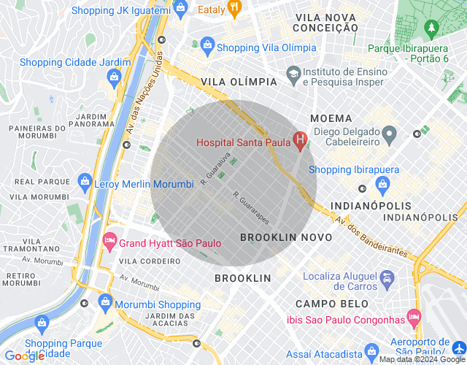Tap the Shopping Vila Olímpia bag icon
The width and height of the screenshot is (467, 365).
pos(207,45)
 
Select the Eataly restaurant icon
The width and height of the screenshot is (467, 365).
pos(234,9)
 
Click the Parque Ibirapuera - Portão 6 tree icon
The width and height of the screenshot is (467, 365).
pos(431,29)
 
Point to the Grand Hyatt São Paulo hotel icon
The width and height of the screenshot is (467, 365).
pos(109,239)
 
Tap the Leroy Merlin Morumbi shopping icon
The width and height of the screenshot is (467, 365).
pos(85,181)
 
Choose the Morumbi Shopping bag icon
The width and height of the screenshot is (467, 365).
pos(105,301)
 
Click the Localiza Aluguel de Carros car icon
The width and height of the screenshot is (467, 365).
pos(387,279)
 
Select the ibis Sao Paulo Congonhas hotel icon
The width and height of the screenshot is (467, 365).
pos(414,317)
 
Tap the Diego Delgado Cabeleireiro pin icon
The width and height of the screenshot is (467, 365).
pos(390,134)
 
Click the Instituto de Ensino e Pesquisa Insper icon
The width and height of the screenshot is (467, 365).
pos(293,74)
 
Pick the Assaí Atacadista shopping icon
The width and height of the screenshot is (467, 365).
pos(370,351)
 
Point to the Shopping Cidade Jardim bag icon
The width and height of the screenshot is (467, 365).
pos(114,75)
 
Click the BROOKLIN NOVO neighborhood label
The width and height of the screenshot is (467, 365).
pos(286,237)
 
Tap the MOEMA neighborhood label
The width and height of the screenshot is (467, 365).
pos(331,118)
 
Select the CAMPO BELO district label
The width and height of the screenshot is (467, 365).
pos(325,303)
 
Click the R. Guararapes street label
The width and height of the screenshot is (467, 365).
pos(252,208)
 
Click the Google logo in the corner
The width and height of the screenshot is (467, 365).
pos(25,356)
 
